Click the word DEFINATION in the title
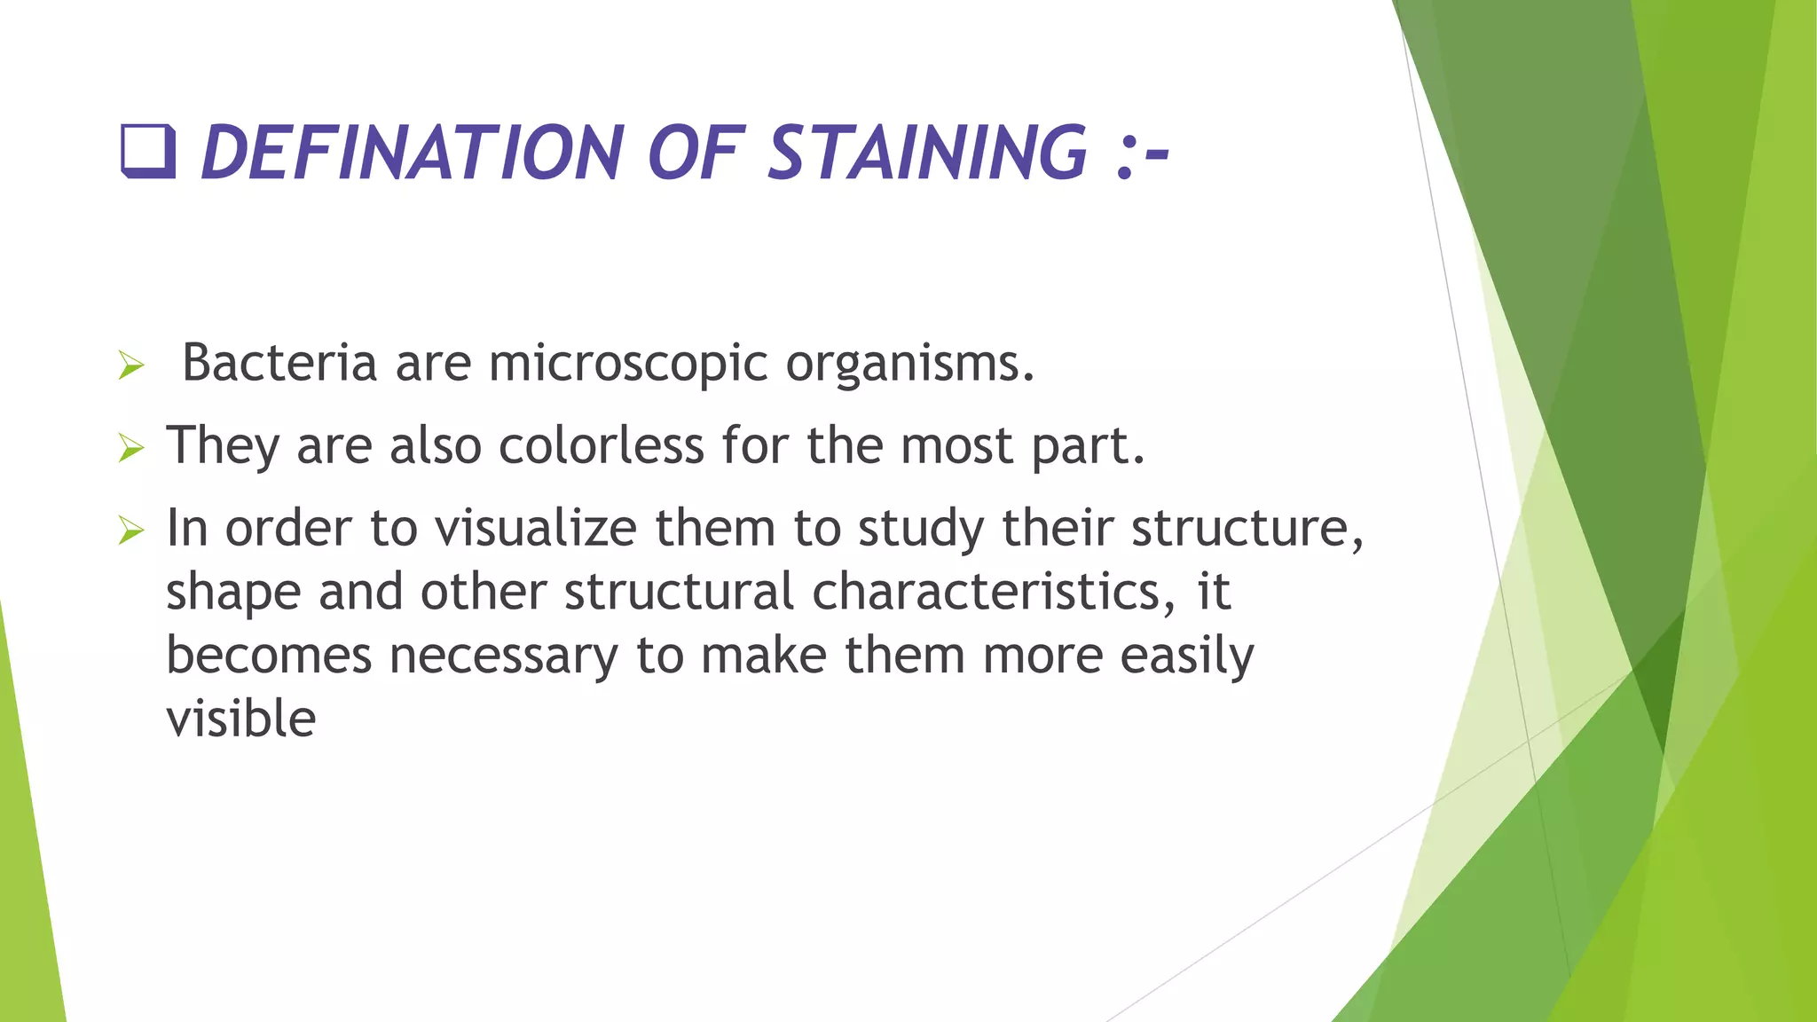(x=414, y=153)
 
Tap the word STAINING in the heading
(x=926, y=153)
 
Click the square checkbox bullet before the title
(x=147, y=152)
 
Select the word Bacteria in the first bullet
(x=279, y=362)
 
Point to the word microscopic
(x=627, y=362)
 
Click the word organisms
(x=909, y=364)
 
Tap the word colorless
(x=601, y=444)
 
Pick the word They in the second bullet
(x=223, y=446)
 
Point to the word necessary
(x=503, y=656)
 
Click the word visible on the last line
(x=240, y=719)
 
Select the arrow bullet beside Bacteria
(x=130, y=365)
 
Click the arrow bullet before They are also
(x=130, y=448)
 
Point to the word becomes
(x=269, y=656)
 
